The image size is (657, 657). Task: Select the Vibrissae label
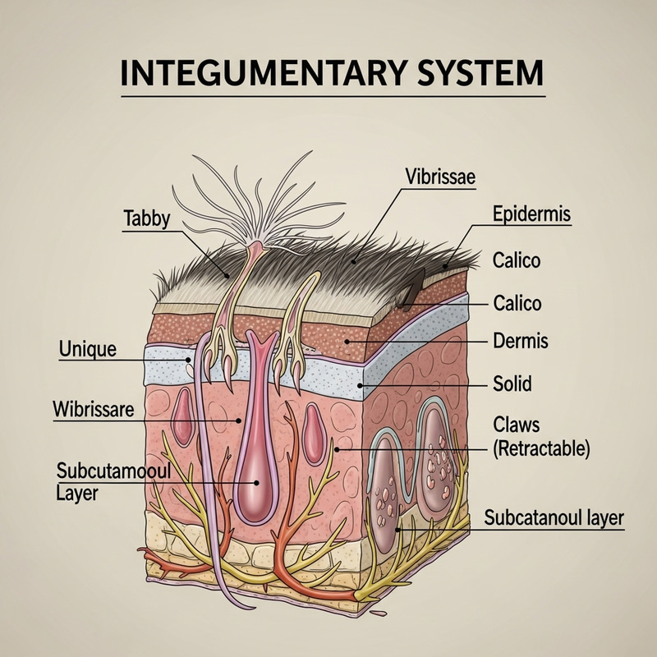[x=440, y=176]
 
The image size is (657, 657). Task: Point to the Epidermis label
[x=531, y=215]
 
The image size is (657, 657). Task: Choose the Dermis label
[x=520, y=339]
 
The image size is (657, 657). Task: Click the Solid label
[x=512, y=383]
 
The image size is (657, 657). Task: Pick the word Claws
[x=517, y=425]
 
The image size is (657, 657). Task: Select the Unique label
[x=88, y=349]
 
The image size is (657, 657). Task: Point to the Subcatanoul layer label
[x=554, y=518]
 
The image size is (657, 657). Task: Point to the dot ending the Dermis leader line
[x=347, y=340]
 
